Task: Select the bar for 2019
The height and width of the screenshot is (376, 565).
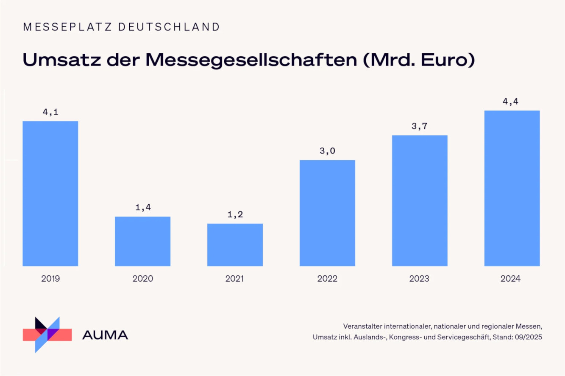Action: pyautogui.click(x=50, y=193)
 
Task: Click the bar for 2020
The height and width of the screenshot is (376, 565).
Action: pyautogui.click(x=143, y=241)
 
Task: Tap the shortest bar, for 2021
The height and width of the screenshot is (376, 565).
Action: pyautogui.click(x=235, y=244)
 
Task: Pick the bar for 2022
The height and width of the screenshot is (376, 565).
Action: pyautogui.click(x=327, y=213)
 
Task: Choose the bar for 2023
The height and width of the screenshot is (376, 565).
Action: pyautogui.click(x=420, y=200)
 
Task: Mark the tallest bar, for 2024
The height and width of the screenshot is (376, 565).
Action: pyautogui.click(x=512, y=188)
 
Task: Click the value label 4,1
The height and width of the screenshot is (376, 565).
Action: pyautogui.click(x=50, y=112)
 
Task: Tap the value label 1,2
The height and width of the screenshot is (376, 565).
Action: pyautogui.click(x=235, y=214)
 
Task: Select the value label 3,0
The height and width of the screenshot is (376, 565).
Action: pyautogui.click(x=327, y=151)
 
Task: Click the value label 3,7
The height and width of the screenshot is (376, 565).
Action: pyautogui.click(x=420, y=126)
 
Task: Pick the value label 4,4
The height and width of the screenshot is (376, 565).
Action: pyautogui.click(x=512, y=102)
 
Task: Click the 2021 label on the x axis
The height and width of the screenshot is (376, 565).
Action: pyautogui.click(x=235, y=279)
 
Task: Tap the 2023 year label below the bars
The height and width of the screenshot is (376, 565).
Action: pyautogui.click(x=420, y=279)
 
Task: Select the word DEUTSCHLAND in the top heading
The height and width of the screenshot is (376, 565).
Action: pyautogui.click(x=169, y=27)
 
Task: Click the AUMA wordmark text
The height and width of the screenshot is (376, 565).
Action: pyautogui.click(x=105, y=335)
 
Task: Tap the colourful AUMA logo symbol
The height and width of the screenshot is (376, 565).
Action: pyautogui.click(x=47, y=334)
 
